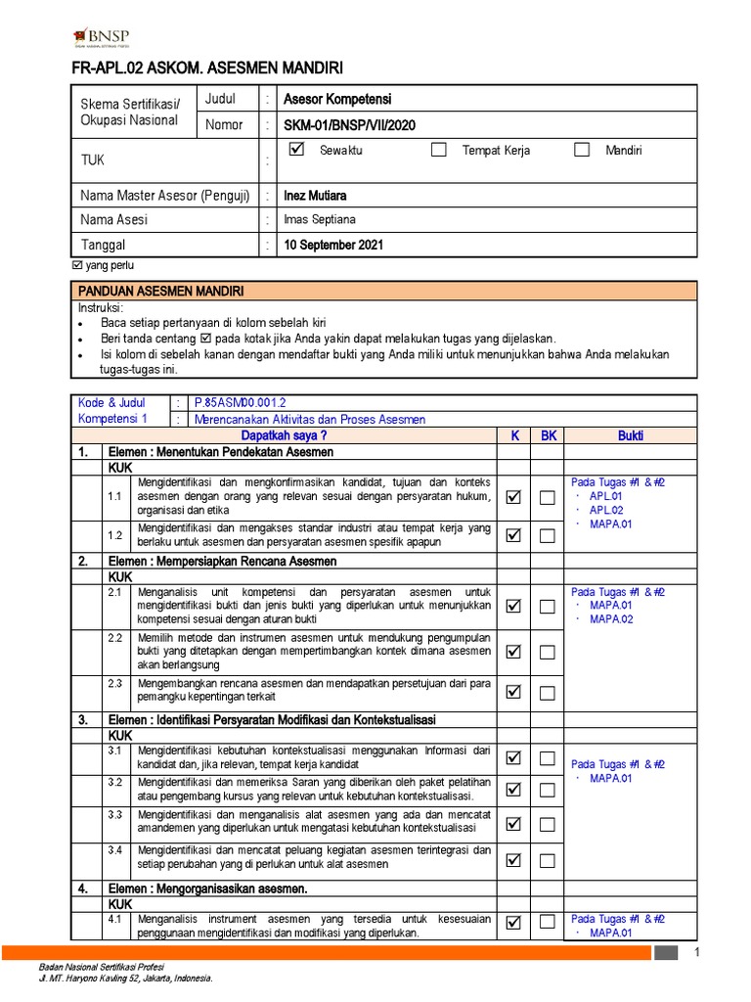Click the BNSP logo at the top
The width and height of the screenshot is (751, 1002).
point(103,38)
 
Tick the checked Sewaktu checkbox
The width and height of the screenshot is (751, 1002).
point(298,150)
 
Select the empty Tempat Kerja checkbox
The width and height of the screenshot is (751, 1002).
point(439,150)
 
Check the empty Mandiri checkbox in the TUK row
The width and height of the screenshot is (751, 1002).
point(582,150)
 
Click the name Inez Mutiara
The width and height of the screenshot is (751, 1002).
point(316,196)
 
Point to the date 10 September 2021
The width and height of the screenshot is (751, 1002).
point(332,245)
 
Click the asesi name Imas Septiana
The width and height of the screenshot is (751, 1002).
point(319,220)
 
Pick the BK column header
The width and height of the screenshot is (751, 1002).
point(548,435)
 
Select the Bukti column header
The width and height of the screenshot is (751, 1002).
point(631,435)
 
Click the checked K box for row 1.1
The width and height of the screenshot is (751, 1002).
point(513,498)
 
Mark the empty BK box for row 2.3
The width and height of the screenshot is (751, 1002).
point(548,693)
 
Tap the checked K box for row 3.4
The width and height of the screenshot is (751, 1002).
point(513,860)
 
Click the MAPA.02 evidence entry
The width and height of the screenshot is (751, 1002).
point(611,619)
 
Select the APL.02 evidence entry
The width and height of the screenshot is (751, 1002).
point(606,510)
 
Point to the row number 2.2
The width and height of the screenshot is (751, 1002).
point(114,638)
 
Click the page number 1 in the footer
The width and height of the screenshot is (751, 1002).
point(697,952)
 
